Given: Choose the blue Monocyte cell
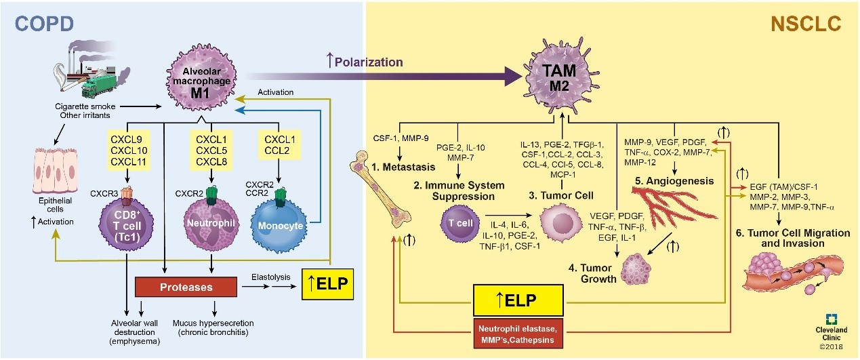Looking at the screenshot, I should click(x=283, y=227).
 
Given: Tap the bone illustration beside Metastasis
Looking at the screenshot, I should click(x=387, y=187).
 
